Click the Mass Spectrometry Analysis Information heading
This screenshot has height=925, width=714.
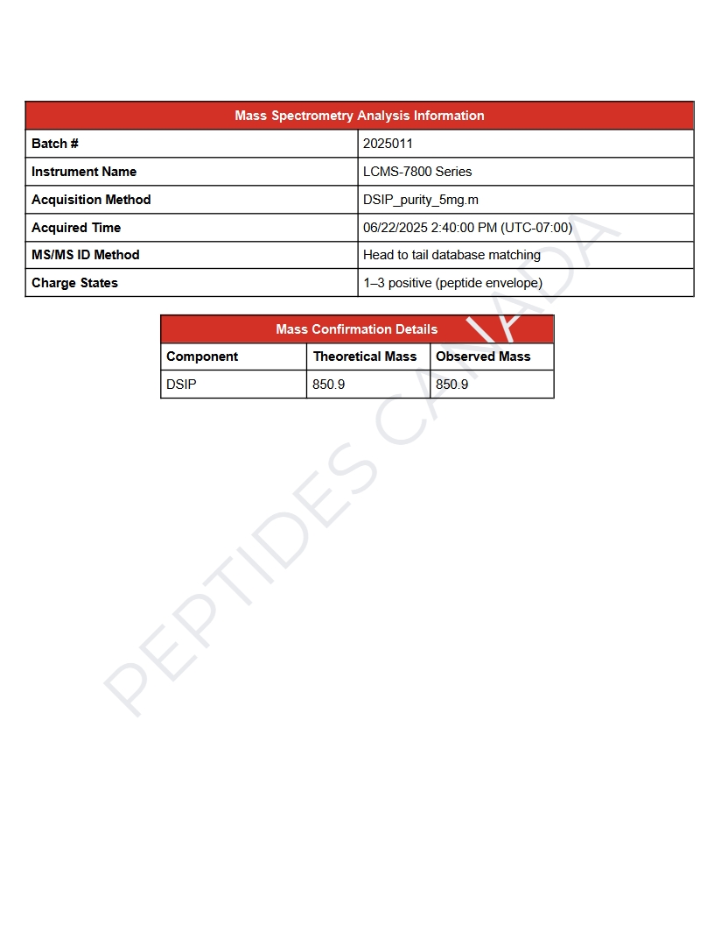tap(359, 116)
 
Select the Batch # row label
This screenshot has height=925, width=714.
tap(55, 144)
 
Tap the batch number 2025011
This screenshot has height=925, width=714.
tap(388, 144)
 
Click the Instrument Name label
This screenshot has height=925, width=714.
tap(84, 172)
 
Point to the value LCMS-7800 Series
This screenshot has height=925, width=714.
tap(417, 172)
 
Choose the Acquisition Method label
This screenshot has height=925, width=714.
tap(91, 200)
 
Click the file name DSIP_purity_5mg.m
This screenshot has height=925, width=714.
tap(421, 200)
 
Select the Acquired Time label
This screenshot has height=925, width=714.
tap(76, 228)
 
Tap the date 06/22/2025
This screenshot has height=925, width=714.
tap(395, 228)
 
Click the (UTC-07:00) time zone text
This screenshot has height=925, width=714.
tap(536, 228)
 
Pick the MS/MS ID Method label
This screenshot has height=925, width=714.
tap(86, 255)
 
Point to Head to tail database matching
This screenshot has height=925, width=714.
tap(451, 255)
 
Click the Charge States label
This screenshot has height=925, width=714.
tap(74, 283)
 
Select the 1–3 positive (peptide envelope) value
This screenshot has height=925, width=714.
tap(452, 283)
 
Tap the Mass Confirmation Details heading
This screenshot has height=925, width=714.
tap(356, 329)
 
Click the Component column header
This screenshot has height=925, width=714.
tap(202, 357)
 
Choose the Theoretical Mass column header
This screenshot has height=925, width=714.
tap(365, 357)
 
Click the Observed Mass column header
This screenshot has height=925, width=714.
tap(483, 357)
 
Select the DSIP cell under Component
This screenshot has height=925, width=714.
tap(181, 385)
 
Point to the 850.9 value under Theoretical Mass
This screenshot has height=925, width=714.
tap(329, 385)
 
